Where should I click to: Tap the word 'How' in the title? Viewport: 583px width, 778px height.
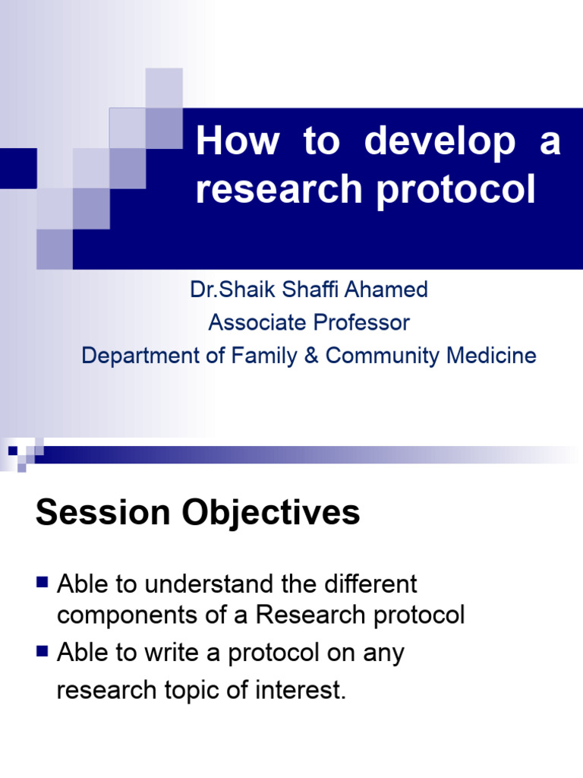point(238,142)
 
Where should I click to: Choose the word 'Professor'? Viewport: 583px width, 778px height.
point(361,323)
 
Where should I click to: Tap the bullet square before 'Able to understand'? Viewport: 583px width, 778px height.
point(42,583)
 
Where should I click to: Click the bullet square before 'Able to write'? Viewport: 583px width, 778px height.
point(42,651)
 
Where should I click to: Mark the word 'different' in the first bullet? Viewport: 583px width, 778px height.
point(373,584)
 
